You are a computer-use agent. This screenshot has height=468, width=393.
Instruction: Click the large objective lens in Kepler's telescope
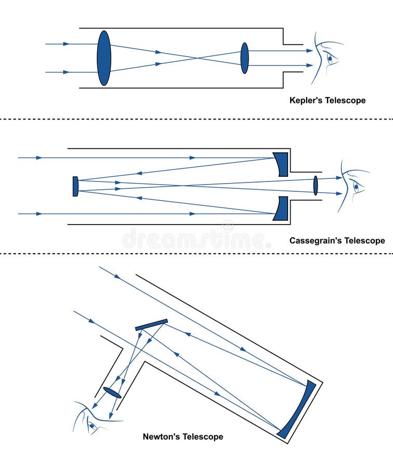point(104,58)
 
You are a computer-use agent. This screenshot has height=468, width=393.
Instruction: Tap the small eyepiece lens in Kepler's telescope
point(244,58)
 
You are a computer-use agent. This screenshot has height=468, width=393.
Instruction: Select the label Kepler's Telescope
point(327,100)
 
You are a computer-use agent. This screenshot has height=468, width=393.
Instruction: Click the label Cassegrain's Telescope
point(337,241)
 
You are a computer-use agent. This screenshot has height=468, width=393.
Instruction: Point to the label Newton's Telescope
point(183,437)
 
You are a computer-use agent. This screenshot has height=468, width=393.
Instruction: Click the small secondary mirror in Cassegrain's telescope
point(75,186)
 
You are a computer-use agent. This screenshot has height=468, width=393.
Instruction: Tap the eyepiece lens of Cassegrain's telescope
point(315,186)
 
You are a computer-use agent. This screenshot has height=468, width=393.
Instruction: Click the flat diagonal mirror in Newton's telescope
point(151,324)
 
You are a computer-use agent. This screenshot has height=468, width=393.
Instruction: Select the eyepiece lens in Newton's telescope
point(112,393)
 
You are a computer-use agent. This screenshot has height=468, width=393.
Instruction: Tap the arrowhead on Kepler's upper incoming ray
point(65,44)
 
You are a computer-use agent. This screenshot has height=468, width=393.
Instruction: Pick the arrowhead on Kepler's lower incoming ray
point(65,72)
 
